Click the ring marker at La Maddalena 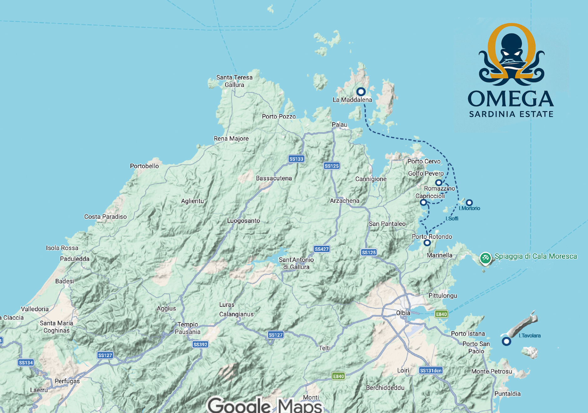[x=361, y=92]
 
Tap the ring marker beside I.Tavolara [x=506, y=341]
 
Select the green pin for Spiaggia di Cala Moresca [x=485, y=258]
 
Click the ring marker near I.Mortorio [x=469, y=202]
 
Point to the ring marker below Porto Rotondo [x=427, y=242]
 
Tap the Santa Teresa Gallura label [x=234, y=81]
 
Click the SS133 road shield [x=296, y=159]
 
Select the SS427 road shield [x=322, y=249]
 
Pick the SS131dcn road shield [x=431, y=370]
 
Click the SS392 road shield [x=200, y=344]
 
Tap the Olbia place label [x=403, y=313]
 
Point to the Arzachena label [x=345, y=201]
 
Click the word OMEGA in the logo [x=511, y=99]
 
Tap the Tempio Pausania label [x=187, y=328]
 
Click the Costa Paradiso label [x=105, y=217]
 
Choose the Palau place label [x=340, y=125]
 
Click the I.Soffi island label [x=452, y=218]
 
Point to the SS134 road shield [x=26, y=363]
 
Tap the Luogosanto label [x=243, y=221]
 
